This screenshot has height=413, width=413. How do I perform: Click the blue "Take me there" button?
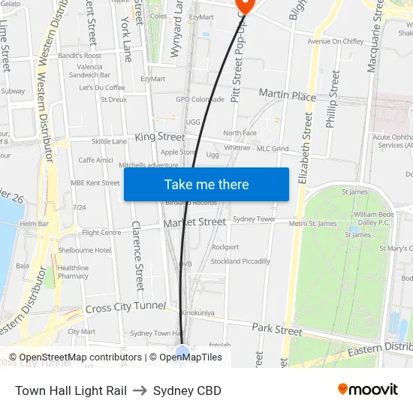point(206,184)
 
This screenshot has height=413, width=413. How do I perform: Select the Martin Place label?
point(287,95)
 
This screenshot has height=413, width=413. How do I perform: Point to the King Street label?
point(159,137)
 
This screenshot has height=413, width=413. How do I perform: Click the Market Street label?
point(194,222)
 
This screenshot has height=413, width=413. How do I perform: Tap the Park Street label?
point(277,329)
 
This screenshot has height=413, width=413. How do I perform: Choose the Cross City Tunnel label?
point(125,307)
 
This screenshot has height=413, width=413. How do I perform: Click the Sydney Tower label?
point(254,219)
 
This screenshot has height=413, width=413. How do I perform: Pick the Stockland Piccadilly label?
point(240,261)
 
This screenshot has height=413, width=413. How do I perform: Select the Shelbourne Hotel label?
point(85,250)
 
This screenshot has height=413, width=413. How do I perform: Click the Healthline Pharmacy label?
point(73,272)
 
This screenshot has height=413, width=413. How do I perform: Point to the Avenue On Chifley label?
point(336,41)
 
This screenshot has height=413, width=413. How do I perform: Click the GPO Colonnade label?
point(200,99)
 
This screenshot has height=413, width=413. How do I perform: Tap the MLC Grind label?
point(272,149)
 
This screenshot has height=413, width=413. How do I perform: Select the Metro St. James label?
point(312,223)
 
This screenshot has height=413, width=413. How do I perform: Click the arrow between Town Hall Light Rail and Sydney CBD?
point(140,390)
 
